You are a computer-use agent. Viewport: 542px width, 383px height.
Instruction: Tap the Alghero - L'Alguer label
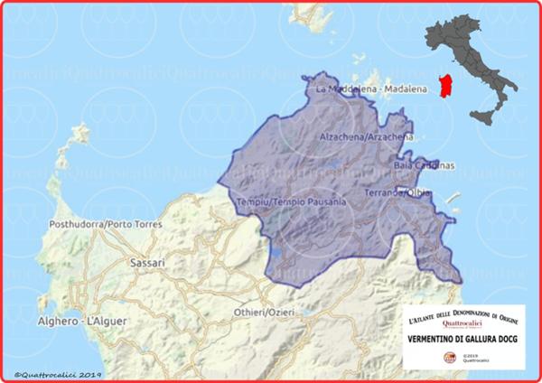coord(68,322)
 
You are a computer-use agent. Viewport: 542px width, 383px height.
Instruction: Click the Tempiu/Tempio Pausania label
coord(290,201)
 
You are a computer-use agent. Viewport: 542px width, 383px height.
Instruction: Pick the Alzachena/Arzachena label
coord(367,136)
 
